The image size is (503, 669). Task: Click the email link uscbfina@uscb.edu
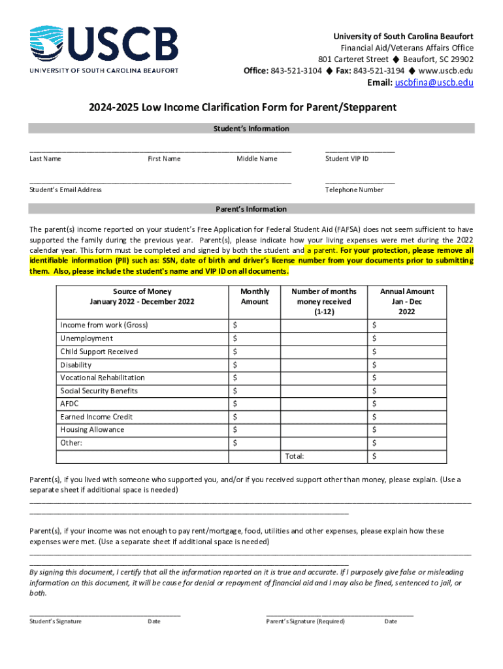click(x=433, y=82)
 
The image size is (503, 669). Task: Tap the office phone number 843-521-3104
click(x=296, y=71)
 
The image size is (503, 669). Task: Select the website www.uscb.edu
click(x=446, y=71)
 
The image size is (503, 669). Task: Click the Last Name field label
click(x=45, y=159)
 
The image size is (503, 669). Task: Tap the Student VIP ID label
click(x=347, y=159)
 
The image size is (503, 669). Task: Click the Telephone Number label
click(x=354, y=190)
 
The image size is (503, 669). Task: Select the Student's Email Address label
click(x=65, y=190)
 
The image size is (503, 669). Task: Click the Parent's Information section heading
click(x=251, y=209)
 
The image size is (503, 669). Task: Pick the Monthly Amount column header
click(x=254, y=297)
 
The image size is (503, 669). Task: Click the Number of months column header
click(x=324, y=301)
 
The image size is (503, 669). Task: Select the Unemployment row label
click(x=86, y=338)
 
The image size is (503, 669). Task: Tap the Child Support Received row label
click(x=99, y=351)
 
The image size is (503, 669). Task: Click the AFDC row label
click(x=69, y=404)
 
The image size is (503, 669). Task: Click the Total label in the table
click(x=294, y=456)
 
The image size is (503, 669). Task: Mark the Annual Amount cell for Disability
click(x=421, y=365)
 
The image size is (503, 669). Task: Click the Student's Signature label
click(x=56, y=621)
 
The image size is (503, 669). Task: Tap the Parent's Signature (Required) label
click(x=305, y=621)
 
